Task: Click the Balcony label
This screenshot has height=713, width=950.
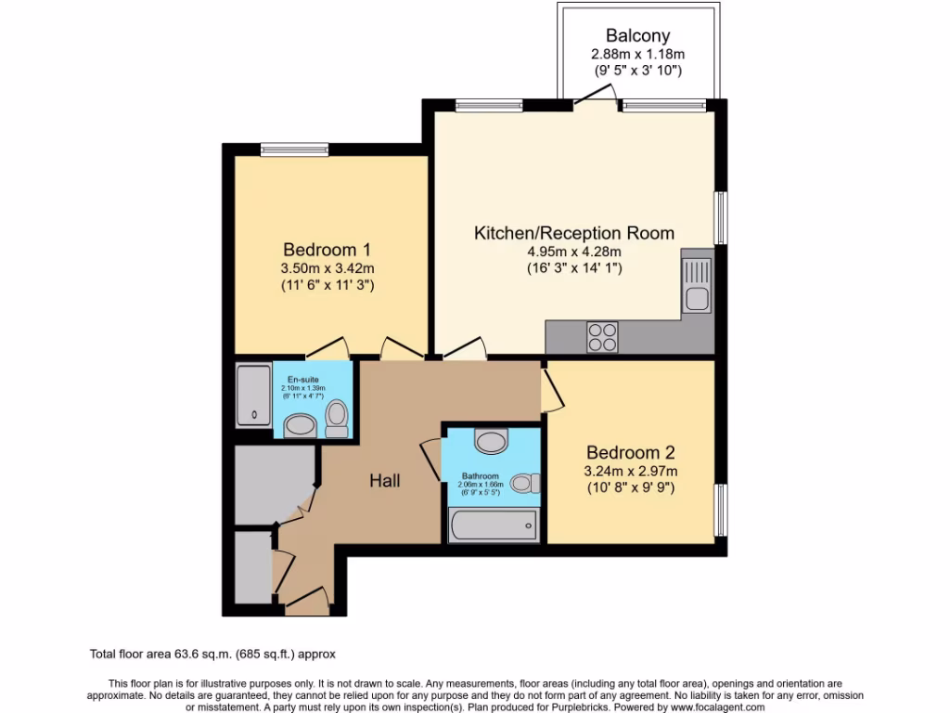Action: pos(637,36)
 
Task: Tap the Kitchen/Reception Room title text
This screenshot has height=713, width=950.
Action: pos(574,233)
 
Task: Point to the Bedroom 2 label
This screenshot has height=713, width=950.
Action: pos(630,453)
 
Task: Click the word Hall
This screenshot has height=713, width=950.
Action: pos(385,481)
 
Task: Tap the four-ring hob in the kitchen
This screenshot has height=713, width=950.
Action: pos(602,336)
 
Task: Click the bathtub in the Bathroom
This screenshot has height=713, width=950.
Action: pos(492,525)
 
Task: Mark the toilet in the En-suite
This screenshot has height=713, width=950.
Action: pos(337,419)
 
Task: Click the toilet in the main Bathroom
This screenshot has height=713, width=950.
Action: pos(526,483)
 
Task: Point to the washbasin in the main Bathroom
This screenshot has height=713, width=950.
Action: pos(490,438)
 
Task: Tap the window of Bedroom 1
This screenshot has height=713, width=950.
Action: pos(294,149)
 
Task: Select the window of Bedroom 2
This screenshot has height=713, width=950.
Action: pos(718,510)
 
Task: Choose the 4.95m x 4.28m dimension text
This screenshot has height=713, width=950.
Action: pos(574,252)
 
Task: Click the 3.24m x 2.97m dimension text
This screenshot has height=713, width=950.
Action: pos(630,471)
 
